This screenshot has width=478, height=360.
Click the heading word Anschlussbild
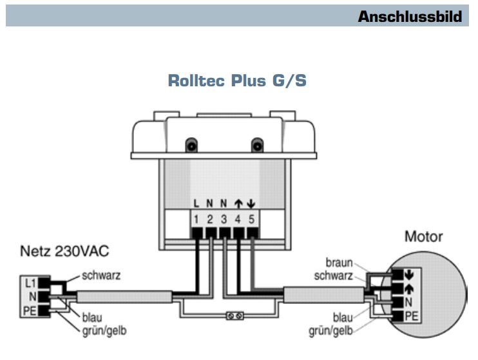point(410,16)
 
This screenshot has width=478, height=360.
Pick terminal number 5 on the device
point(253,218)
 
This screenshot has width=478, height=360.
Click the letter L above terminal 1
point(196,204)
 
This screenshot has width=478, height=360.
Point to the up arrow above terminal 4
point(238,204)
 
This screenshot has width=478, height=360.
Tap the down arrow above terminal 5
point(253,204)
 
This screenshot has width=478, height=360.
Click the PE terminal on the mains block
point(30,310)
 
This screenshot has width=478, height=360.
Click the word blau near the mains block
point(93,317)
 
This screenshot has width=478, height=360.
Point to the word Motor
point(423,236)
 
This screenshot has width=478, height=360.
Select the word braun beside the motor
point(338,263)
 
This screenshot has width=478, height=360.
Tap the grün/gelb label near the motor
point(330,332)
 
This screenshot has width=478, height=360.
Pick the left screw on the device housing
point(191,146)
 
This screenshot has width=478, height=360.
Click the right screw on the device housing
point(258,146)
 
